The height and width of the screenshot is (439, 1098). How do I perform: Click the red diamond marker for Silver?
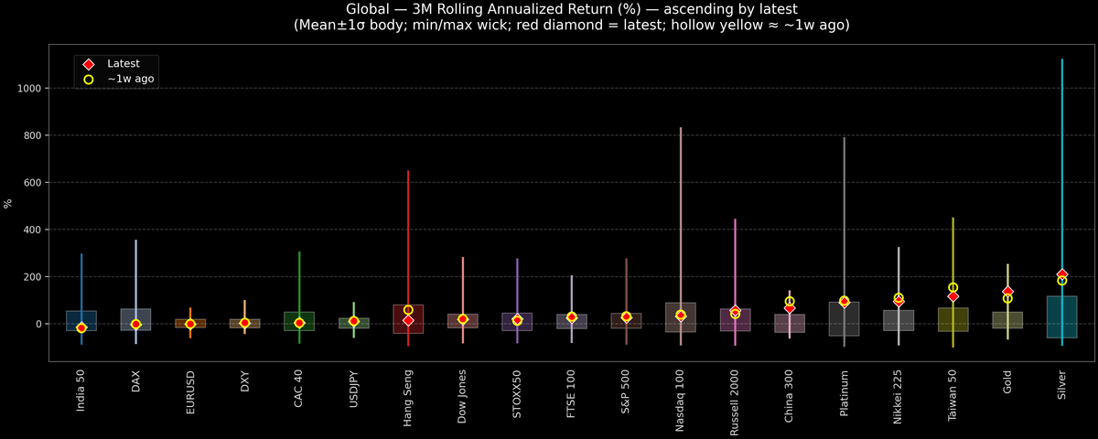pos(1061,274)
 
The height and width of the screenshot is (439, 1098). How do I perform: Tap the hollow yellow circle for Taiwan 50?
pos(953,287)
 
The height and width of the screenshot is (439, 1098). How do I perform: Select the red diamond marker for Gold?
pos(1007,292)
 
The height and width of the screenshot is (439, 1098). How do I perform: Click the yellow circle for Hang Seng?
pos(408,310)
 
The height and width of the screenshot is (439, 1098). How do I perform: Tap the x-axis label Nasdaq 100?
pos(681,396)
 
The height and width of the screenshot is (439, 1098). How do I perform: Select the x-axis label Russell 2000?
pos(735,399)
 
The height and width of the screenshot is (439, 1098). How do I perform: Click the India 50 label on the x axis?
pos(81,391)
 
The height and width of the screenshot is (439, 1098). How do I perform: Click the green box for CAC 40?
pos(299,316)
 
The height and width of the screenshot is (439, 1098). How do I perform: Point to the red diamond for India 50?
pos(81,327)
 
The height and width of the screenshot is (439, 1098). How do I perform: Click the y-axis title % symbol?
pos(8,204)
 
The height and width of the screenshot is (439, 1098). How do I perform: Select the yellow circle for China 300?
pos(790,302)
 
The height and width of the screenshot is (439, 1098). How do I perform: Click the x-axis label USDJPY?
pos(353,390)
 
